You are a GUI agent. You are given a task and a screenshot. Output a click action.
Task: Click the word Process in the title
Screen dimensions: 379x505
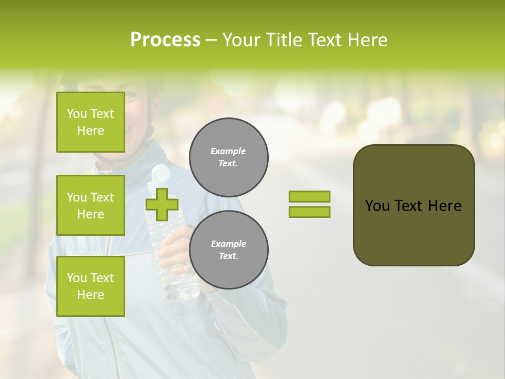click(x=165, y=40)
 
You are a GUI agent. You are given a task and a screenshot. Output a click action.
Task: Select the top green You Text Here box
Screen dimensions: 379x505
click(x=90, y=122)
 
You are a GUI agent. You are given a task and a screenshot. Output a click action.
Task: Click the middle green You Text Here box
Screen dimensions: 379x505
click(x=90, y=205)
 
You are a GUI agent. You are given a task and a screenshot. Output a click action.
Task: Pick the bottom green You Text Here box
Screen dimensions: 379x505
click(x=90, y=286)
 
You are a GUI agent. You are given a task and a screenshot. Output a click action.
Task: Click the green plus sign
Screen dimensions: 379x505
click(x=162, y=204)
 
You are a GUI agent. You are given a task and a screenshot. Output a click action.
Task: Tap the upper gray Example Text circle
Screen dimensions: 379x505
click(x=229, y=157)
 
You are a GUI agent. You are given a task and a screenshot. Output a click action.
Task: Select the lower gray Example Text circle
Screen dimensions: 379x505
click(x=229, y=250)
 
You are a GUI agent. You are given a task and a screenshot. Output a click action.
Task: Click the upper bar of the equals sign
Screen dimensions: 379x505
click(x=309, y=197)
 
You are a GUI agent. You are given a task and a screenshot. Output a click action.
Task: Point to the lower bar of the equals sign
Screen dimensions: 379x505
click(x=309, y=212)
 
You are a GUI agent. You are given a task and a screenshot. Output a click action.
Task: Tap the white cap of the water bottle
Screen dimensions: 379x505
click(x=160, y=172)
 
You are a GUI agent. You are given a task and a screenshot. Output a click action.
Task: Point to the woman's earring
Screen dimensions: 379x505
click(x=155, y=116)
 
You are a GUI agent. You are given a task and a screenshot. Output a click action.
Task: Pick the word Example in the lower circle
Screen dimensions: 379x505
click(x=229, y=244)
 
